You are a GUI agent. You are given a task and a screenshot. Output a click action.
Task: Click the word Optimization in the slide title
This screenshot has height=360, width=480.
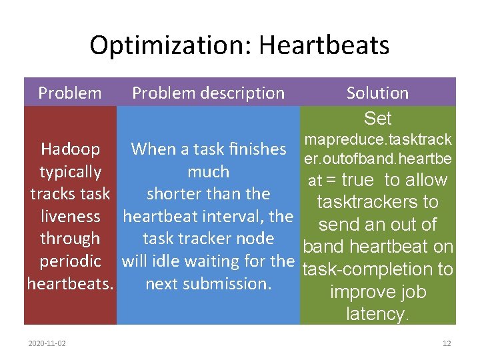[x=169, y=45]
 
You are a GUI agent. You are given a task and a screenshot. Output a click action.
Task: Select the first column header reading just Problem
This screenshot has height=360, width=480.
[x=70, y=93]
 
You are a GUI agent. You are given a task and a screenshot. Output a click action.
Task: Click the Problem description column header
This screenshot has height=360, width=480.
[x=208, y=93]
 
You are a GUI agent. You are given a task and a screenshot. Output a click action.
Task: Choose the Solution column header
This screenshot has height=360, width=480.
[x=377, y=93]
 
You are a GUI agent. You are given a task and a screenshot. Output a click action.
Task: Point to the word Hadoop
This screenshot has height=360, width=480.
[x=70, y=149]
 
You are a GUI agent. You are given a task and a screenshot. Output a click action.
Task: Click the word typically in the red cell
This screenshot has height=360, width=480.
[x=70, y=171]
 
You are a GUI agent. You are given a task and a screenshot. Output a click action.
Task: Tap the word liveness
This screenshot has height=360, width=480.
[x=70, y=216]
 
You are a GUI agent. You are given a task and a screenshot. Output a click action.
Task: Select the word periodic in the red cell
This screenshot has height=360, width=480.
[x=70, y=261]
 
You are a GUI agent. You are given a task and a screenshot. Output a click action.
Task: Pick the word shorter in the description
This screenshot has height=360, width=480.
[x=174, y=194]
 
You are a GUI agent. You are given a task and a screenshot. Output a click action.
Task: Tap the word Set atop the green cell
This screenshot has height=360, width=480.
[x=377, y=119]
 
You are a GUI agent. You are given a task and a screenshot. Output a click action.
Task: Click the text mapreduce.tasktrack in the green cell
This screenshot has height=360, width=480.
[x=377, y=139]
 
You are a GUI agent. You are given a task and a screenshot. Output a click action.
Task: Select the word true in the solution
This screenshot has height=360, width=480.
[x=359, y=180]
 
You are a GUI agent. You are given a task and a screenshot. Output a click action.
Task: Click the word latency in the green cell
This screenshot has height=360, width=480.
[x=377, y=314]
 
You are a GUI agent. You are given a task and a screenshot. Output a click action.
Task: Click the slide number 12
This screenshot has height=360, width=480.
[x=446, y=343]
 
